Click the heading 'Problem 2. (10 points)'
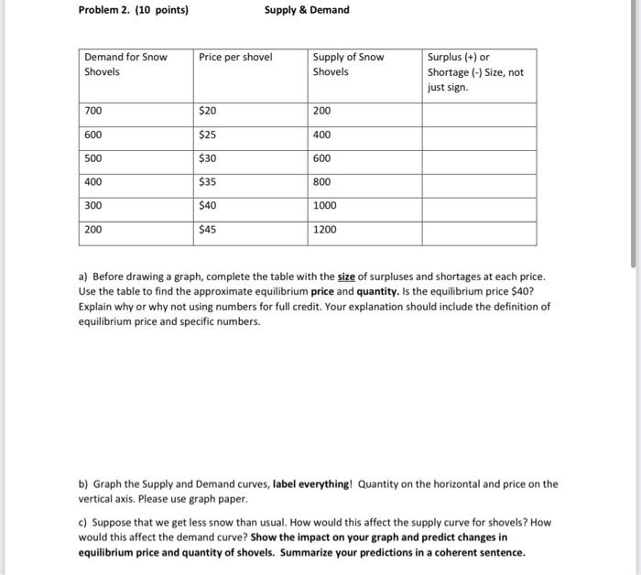coord(134,10)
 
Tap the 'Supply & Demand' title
coord(307,10)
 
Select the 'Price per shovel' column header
coord(235,57)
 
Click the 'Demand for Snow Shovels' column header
coord(125,64)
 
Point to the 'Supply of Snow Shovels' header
coord(348,64)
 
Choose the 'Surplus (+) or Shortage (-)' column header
coord(475,71)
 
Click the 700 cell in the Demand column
coord(93,111)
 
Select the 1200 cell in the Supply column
coord(325,230)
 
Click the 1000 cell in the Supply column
coord(325,206)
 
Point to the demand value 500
coord(93,158)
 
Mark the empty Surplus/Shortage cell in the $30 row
coord(478,158)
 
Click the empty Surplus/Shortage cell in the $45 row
coord(478,230)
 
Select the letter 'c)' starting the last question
coord(83,523)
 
